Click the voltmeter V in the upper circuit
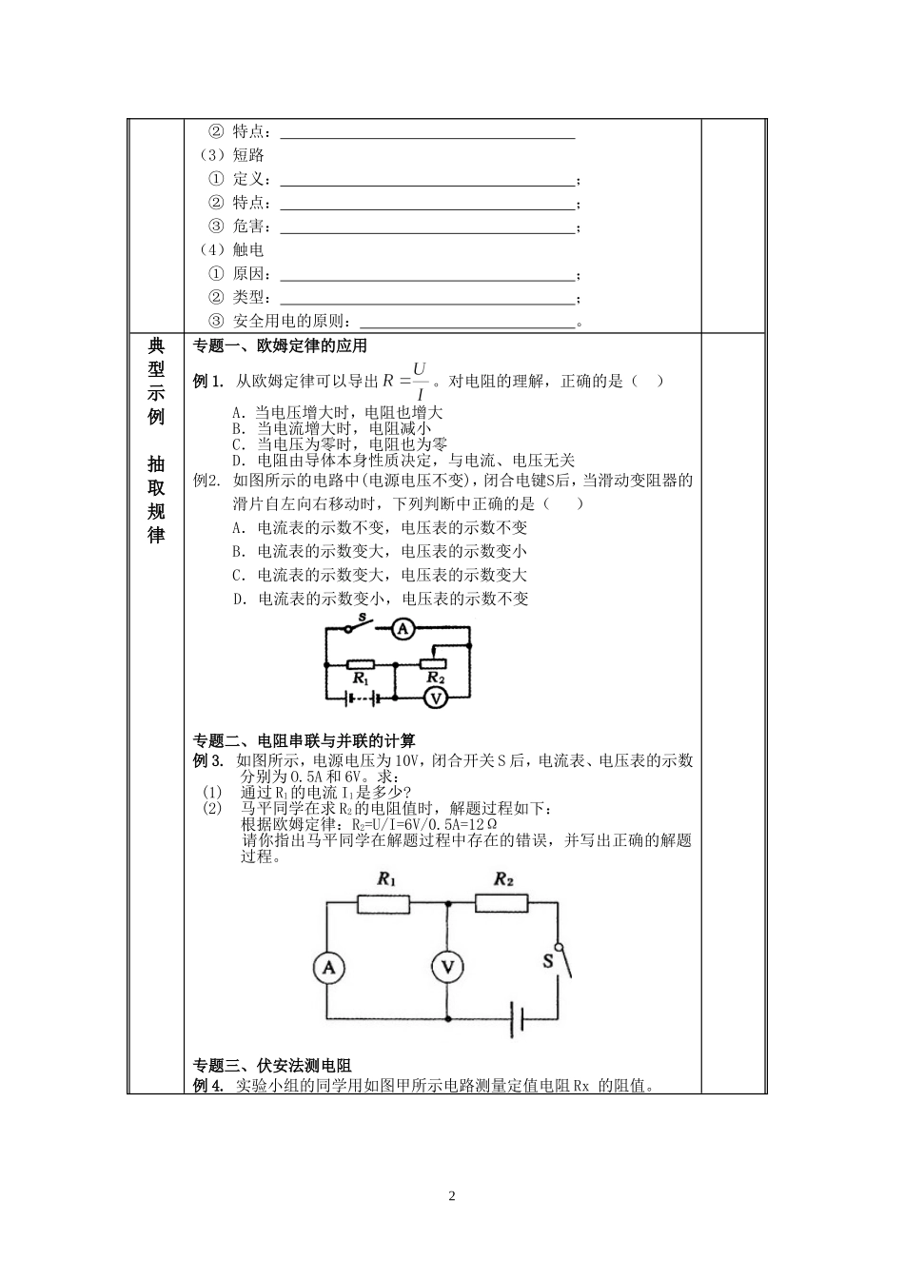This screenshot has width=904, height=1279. tap(434, 698)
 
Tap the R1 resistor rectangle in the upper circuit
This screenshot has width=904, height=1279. tap(360, 663)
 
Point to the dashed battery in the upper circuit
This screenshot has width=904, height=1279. tap(360, 698)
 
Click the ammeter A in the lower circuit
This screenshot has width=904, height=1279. tap(328, 968)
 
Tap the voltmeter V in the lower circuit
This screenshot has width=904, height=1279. tap(446, 968)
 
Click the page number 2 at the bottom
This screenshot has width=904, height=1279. tap(452, 1196)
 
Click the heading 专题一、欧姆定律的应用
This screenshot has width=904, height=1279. tap(280, 346)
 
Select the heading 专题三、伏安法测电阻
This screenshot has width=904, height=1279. tap(272, 1066)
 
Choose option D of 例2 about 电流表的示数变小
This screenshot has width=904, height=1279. tap(381, 599)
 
